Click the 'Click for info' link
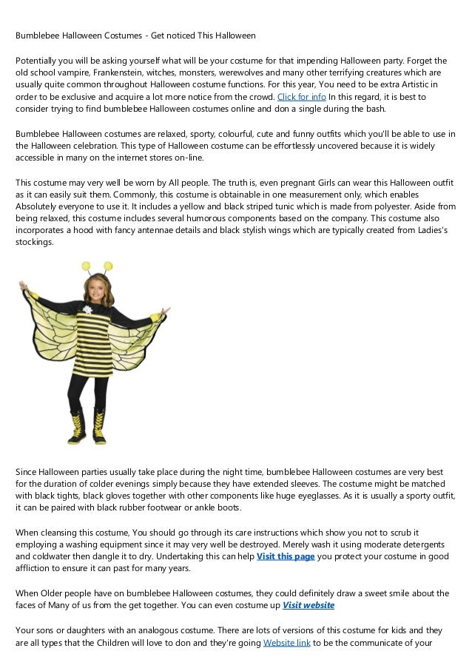coord(301,97)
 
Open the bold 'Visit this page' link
coord(286,556)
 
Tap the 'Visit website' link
coord(309,605)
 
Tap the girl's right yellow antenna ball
coord(108,265)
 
